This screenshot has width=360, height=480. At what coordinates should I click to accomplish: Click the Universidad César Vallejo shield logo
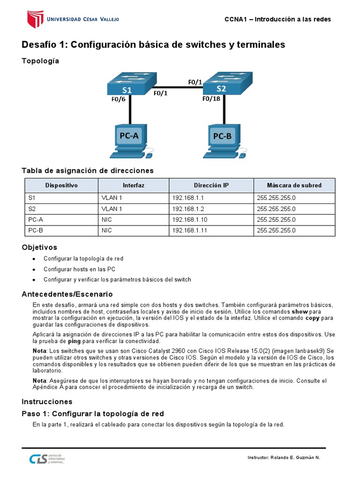click(35, 19)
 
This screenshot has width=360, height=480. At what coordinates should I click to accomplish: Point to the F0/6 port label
click(119, 99)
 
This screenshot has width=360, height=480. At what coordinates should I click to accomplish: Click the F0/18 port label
click(211, 99)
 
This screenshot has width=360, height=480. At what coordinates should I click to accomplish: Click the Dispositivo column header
click(61, 185)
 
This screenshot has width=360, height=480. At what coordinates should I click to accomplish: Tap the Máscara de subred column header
click(294, 185)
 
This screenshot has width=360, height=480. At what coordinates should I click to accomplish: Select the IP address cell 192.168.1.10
click(189, 219)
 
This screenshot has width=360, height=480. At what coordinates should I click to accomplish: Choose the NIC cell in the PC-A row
click(106, 219)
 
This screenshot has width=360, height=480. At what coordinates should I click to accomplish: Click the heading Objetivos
click(39, 247)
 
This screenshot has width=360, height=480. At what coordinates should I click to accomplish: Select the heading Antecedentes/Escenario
click(67, 294)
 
